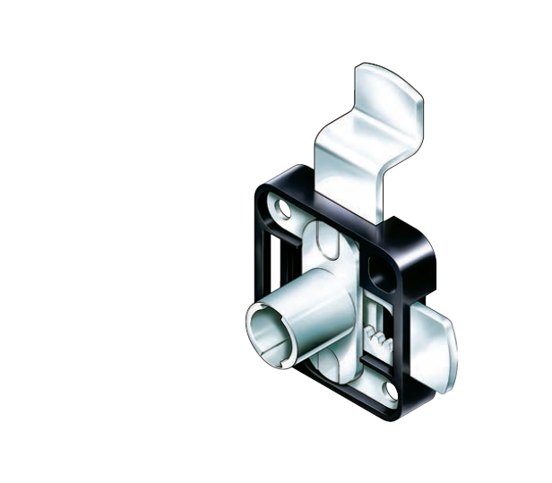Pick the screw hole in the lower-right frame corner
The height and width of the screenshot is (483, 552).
click(x=391, y=389)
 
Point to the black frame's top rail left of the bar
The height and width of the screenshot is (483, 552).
click(x=291, y=183)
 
